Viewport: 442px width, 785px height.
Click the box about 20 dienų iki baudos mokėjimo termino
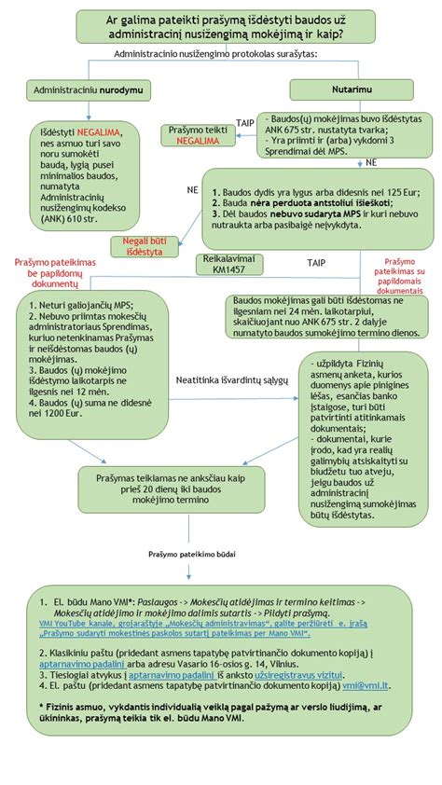pyautogui.click(x=163, y=487)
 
